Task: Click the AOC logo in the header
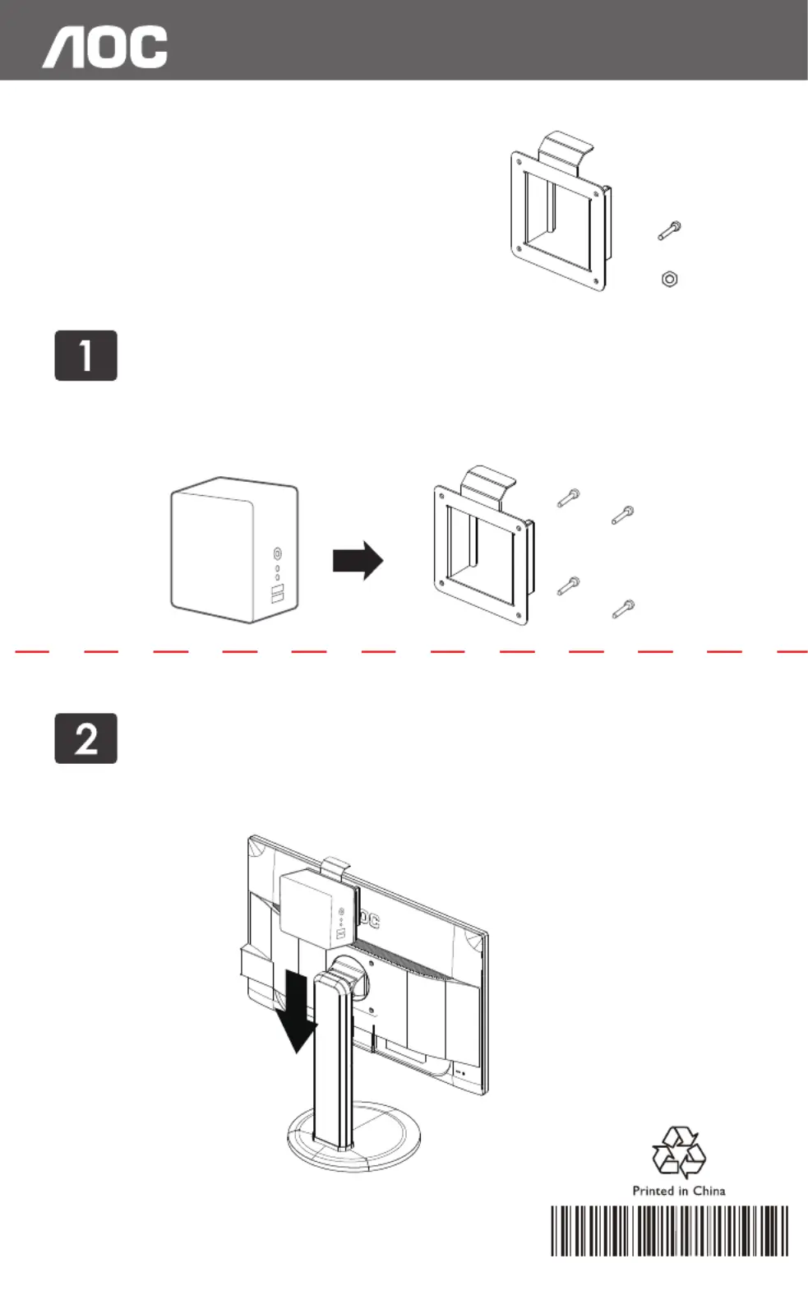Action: [105, 47]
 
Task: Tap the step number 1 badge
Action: [86, 355]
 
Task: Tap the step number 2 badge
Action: [86, 738]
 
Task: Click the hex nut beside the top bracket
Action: [669, 280]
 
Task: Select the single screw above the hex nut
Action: [670, 230]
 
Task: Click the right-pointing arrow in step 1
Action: [358, 561]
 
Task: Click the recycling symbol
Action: [678, 1153]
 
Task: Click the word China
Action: [709, 1191]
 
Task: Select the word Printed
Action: [653, 1191]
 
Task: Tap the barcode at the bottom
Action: [669, 1231]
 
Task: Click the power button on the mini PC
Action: [277, 553]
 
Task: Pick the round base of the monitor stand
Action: [353, 1139]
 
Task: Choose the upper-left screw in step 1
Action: [568, 497]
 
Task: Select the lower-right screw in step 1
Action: [623, 609]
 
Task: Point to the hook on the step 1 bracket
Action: [488, 480]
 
